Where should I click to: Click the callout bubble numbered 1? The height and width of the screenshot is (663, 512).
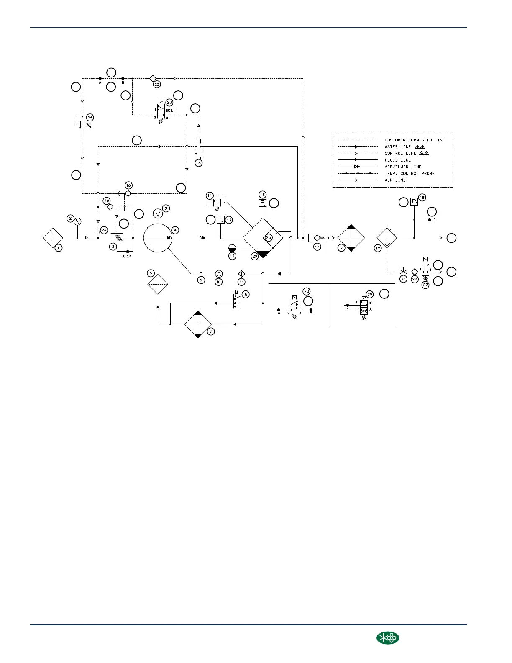tap(59, 248)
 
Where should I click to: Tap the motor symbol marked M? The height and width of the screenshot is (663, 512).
tap(158, 214)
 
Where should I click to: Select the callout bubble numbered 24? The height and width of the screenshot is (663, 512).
tap(90, 117)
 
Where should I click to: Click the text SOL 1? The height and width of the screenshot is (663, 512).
tap(172, 110)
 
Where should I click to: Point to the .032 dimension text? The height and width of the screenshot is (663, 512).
tap(125, 256)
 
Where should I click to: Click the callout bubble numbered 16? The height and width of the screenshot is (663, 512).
tap(129, 185)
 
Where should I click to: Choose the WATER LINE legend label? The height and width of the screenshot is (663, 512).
tap(397, 147)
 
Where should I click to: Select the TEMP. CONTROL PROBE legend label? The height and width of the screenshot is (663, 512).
tap(409, 173)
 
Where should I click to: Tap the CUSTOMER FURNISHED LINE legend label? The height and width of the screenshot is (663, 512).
tap(415, 140)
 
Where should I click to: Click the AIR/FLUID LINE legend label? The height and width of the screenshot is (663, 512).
tap(402, 167)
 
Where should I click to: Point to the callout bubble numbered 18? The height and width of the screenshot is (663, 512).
tap(198, 163)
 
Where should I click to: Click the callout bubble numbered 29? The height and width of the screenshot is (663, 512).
tap(370, 294)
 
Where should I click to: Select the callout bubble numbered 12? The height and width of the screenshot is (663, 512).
tap(232, 256)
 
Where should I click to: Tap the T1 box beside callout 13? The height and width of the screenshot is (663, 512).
tap(220, 220)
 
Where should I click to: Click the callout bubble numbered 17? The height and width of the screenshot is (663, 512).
tap(317, 247)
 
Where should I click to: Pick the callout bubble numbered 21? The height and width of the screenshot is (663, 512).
tap(403, 279)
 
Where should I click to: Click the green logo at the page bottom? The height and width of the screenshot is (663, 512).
tap(387, 638)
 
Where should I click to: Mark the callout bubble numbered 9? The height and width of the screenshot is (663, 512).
tap(202, 280)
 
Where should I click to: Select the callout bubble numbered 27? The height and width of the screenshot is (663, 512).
tap(425, 285)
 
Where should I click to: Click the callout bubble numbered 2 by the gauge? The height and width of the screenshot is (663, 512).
tap(71, 218)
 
